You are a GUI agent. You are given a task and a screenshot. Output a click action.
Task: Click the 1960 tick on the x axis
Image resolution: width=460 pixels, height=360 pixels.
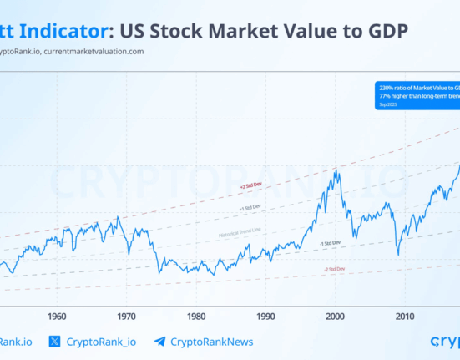[x=57, y=317]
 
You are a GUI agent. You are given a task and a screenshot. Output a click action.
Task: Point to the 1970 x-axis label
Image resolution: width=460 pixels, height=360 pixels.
[x=127, y=317]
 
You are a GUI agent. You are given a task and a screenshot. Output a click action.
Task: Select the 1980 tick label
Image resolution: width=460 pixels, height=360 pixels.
[x=196, y=317]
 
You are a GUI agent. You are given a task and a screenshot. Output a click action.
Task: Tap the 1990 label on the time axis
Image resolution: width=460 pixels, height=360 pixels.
[x=265, y=317]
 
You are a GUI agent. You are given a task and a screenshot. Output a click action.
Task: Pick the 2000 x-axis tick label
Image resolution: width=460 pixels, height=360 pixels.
[x=336, y=317]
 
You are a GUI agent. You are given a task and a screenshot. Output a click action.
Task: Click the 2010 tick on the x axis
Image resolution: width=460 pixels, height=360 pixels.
[x=405, y=317]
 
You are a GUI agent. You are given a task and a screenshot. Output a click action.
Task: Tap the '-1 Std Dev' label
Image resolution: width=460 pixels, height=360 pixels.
[x=332, y=242]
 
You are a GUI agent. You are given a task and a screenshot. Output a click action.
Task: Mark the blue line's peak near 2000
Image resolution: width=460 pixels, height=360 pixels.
[x=336, y=170]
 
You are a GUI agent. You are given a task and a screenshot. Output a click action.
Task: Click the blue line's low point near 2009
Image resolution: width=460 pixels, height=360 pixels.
[x=398, y=253]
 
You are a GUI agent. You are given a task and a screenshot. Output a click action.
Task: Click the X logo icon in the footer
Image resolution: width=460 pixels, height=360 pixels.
[x=55, y=342]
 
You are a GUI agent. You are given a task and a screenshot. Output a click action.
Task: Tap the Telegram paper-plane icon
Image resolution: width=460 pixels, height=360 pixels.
[x=159, y=342]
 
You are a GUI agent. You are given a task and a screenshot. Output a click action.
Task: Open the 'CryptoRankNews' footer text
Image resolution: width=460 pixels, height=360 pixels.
[x=211, y=342]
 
